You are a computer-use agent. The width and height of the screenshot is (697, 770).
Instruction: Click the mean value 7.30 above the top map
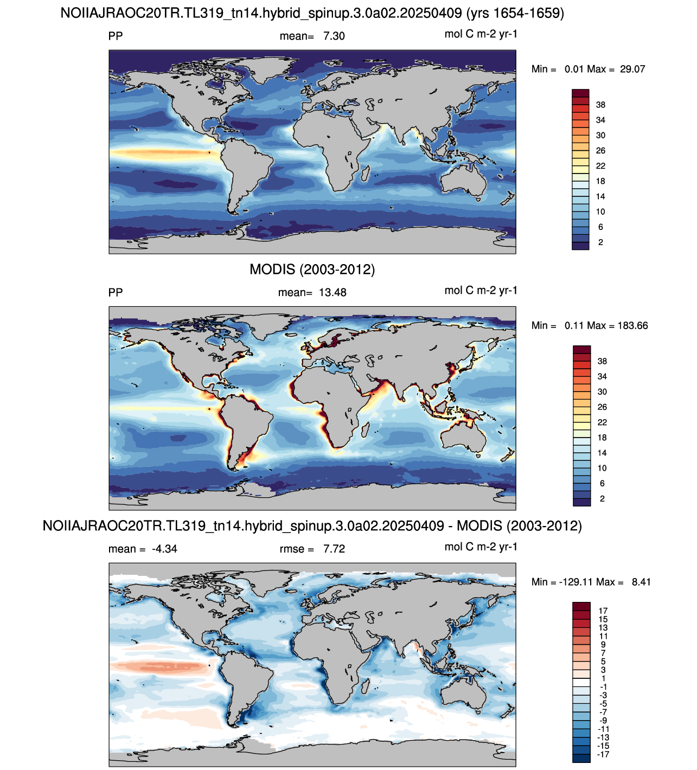(x=334, y=36)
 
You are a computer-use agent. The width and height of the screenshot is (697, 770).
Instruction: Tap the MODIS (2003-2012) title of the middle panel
(x=312, y=269)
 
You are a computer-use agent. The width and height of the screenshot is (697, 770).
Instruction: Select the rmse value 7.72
(x=334, y=549)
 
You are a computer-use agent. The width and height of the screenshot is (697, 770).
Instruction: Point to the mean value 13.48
(x=332, y=292)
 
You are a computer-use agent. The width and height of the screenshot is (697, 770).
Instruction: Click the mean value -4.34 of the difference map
(x=164, y=549)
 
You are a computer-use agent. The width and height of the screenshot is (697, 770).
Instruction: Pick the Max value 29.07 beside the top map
(x=632, y=69)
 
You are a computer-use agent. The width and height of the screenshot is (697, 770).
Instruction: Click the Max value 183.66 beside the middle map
(x=633, y=325)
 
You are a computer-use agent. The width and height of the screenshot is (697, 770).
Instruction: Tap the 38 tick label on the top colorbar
(x=600, y=105)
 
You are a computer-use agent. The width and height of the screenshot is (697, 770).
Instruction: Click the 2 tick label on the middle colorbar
(x=602, y=499)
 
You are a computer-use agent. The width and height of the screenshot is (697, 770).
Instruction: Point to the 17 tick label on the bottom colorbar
(x=603, y=611)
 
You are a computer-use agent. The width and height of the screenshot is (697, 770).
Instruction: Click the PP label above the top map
(x=116, y=36)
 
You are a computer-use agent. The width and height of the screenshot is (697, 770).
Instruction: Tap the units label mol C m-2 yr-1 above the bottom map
(x=481, y=547)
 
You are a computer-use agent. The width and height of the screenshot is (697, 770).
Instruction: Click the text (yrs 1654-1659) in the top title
(x=515, y=13)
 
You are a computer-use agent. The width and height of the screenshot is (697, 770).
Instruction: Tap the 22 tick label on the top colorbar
(x=600, y=166)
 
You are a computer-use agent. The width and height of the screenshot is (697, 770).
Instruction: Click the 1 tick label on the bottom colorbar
(x=603, y=678)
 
